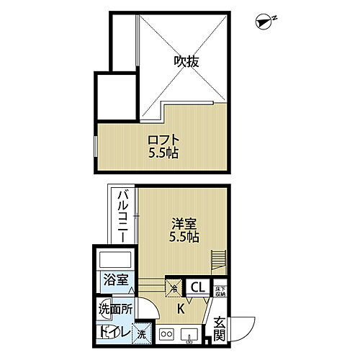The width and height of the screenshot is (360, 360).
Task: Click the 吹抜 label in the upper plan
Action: click(186, 62)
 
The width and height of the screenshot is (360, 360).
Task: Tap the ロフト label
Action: click(165, 140)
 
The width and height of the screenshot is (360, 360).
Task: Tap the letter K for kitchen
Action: click(181, 310)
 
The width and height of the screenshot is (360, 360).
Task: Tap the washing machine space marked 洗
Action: click(143, 333)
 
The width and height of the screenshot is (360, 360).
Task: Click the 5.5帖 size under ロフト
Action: click(165, 153)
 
